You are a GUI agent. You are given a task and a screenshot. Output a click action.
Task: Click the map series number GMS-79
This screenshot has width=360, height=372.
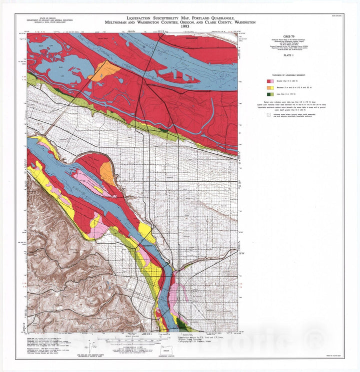[288, 38]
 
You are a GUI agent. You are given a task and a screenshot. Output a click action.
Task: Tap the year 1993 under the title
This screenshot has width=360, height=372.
[179, 27]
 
